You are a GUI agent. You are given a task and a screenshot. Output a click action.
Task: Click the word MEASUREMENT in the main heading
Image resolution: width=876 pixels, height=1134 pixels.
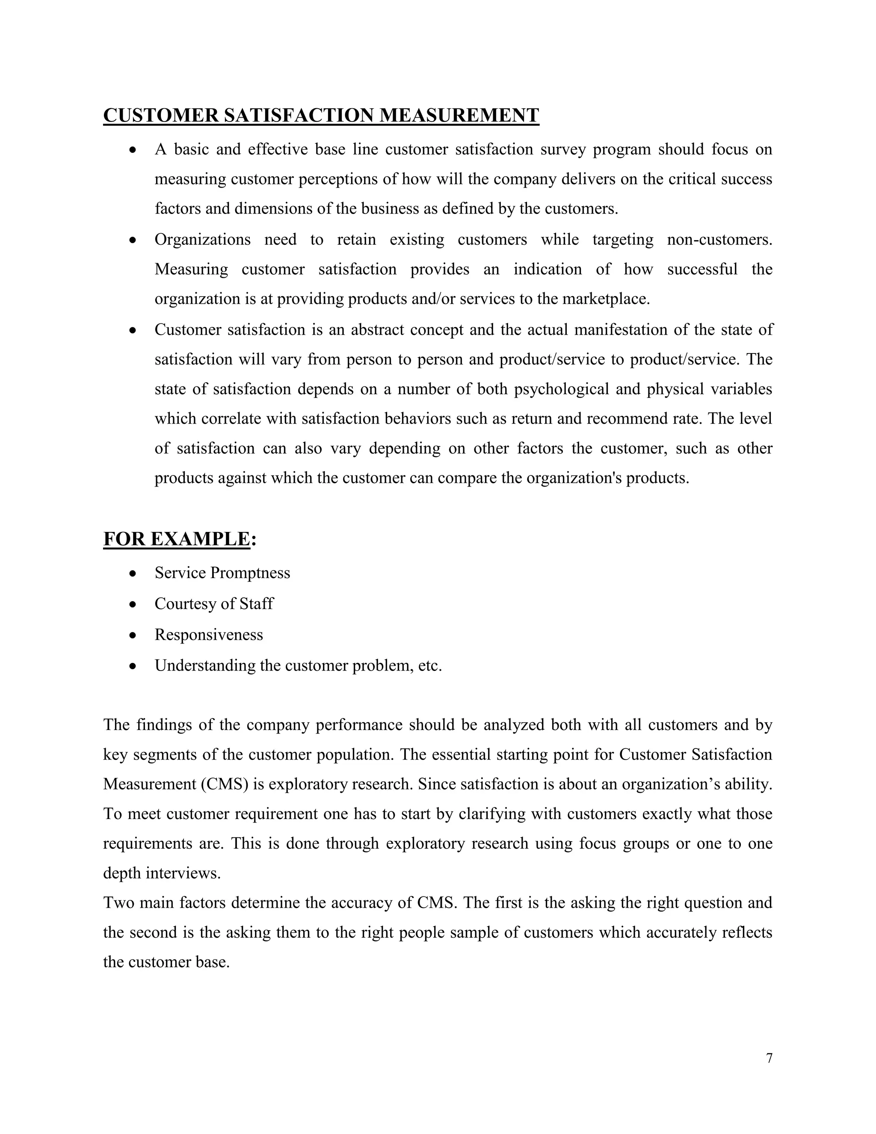[x=459, y=115]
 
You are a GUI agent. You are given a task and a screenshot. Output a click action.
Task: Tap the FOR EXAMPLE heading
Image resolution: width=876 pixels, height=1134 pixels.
[x=177, y=539]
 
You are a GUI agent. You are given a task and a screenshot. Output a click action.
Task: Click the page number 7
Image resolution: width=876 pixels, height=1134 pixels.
[x=769, y=1058]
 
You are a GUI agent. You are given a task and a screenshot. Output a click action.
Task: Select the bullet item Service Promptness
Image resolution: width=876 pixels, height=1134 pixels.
[x=222, y=573]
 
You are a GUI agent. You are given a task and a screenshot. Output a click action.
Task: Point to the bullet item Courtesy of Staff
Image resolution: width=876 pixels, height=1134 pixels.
[x=214, y=604]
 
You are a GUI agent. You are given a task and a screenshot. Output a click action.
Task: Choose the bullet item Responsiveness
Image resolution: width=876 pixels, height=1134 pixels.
[x=209, y=635]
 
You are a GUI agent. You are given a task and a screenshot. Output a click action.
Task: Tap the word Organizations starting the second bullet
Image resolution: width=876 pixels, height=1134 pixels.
[x=202, y=240]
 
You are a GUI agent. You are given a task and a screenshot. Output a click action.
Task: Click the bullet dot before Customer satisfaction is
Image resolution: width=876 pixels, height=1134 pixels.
[x=133, y=330]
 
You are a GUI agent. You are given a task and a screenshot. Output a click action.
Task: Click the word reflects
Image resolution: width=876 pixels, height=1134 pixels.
[x=747, y=932]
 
